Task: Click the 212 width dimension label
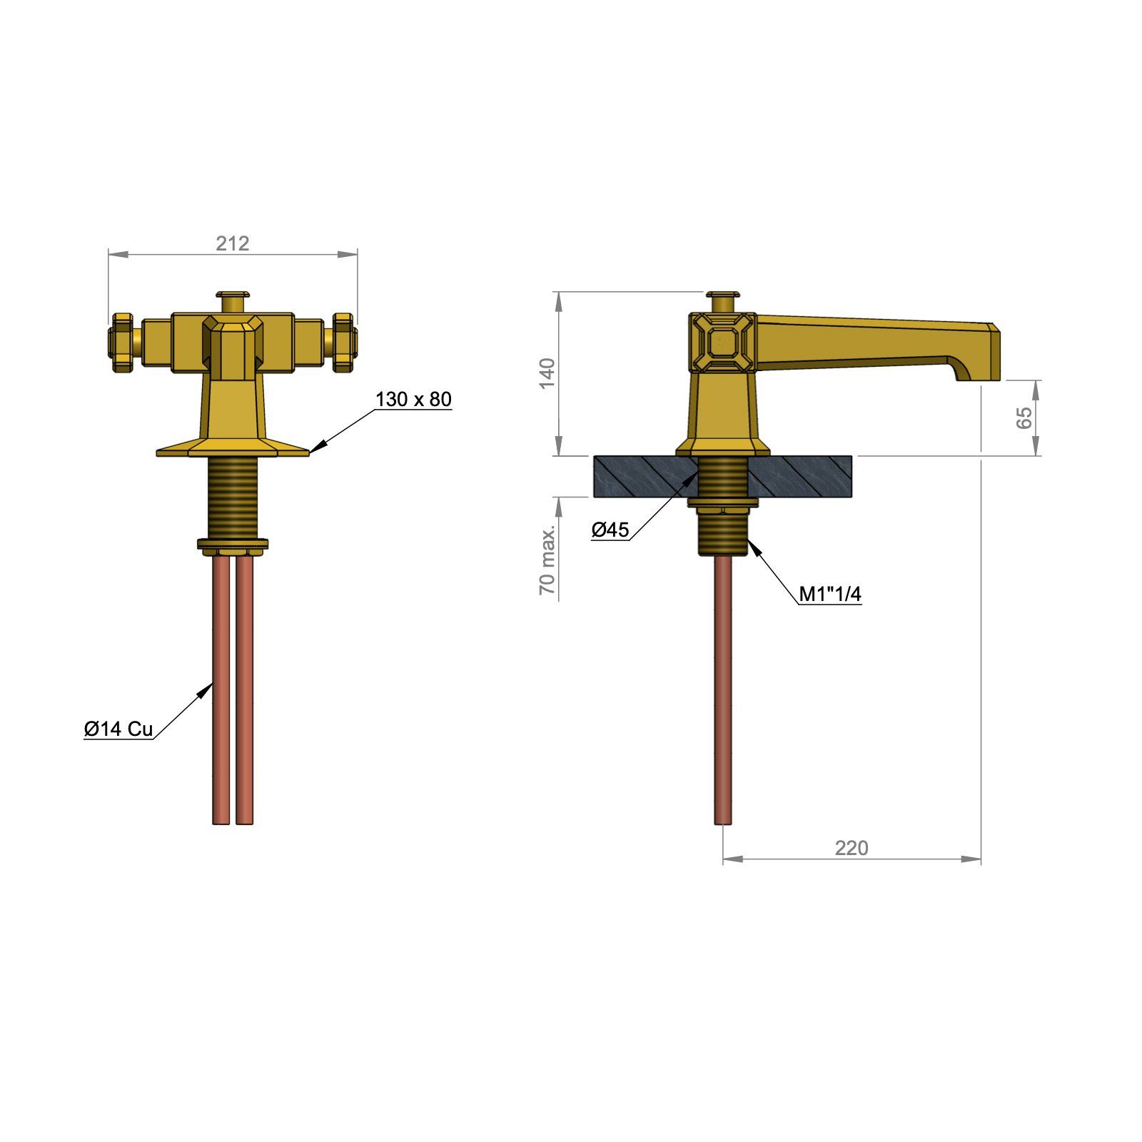[233, 243]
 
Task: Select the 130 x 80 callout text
[413, 400]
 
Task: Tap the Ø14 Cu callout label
[118, 729]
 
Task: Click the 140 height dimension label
[547, 373]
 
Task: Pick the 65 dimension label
[1024, 417]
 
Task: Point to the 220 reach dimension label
[852, 848]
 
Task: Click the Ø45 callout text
[610, 530]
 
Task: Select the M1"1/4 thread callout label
[829, 594]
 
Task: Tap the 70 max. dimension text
[547, 562]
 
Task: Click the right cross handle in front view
[344, 343]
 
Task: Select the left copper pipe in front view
[221, 685]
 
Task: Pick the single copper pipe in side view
[722, 685]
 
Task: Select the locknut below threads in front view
[233, 546]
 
